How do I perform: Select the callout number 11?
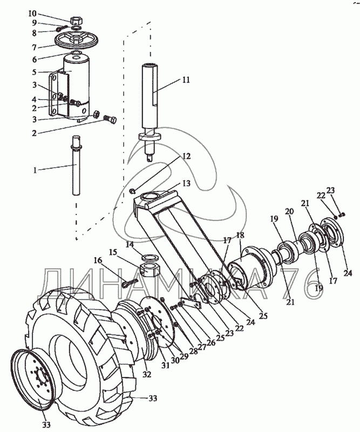click(185, 79)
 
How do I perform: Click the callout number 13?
click(186, 183)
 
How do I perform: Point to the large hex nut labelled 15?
click(148, 267)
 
